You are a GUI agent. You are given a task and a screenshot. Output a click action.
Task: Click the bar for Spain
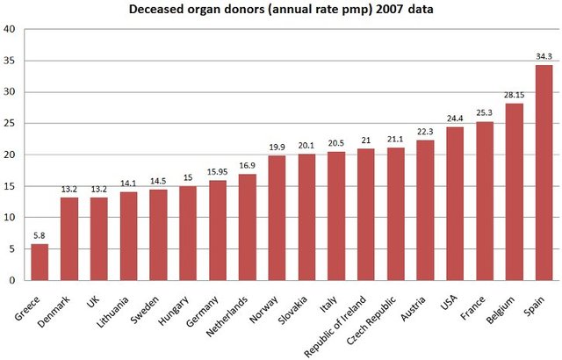[x=544, y=173]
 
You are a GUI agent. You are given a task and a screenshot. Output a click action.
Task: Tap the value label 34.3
[x=544, y=57]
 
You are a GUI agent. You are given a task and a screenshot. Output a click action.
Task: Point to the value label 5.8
[x=40, y=236]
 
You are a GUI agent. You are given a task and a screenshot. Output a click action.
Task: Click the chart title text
[x=281, y=10]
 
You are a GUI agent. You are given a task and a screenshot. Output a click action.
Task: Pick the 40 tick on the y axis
[x=10, y=29]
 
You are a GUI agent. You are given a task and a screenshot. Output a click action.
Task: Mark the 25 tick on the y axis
[x=10, y=123]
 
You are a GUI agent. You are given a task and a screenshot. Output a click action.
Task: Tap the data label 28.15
[x=515, y=96]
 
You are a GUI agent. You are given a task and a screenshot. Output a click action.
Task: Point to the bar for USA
[x=455, y=204]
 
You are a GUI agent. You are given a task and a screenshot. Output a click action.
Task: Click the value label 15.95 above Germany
[x=217, y=172]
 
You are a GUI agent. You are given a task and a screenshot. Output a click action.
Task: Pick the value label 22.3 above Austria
[x=425, y=132]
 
